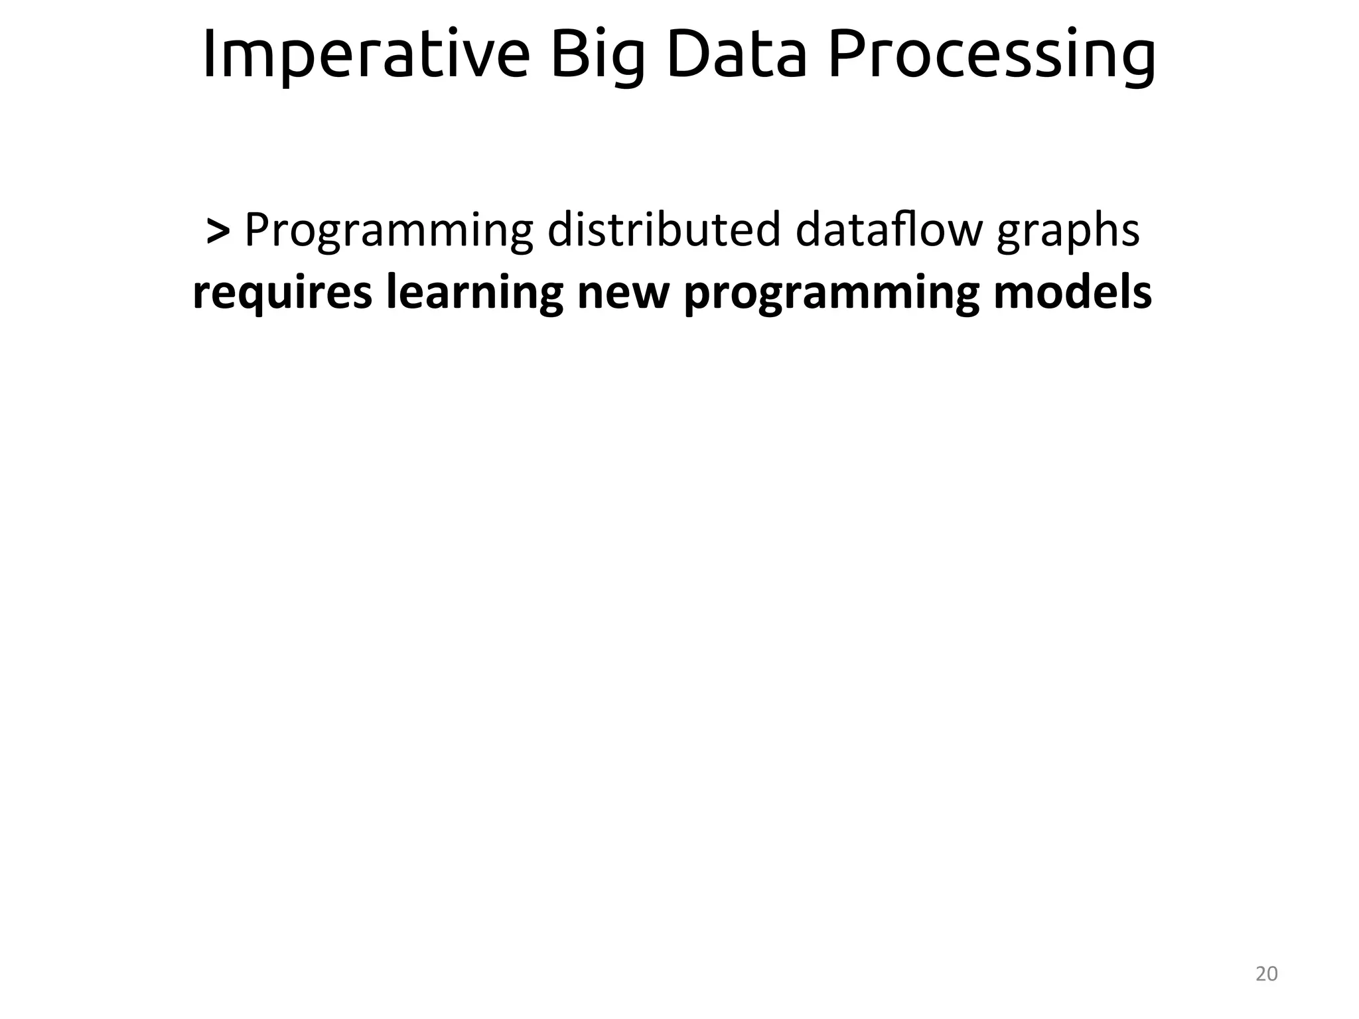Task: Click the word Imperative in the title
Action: pos(366,56)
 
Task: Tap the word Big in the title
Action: pos(598,56)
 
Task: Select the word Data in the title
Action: pos(737,56)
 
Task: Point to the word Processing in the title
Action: pos(992,56)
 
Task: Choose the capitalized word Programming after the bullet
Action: pos(389,232)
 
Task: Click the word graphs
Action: pos(1068,232)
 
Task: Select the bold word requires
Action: pos(282,293)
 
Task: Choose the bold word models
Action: pos(1072,293)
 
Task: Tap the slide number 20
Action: pos(1267,974)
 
